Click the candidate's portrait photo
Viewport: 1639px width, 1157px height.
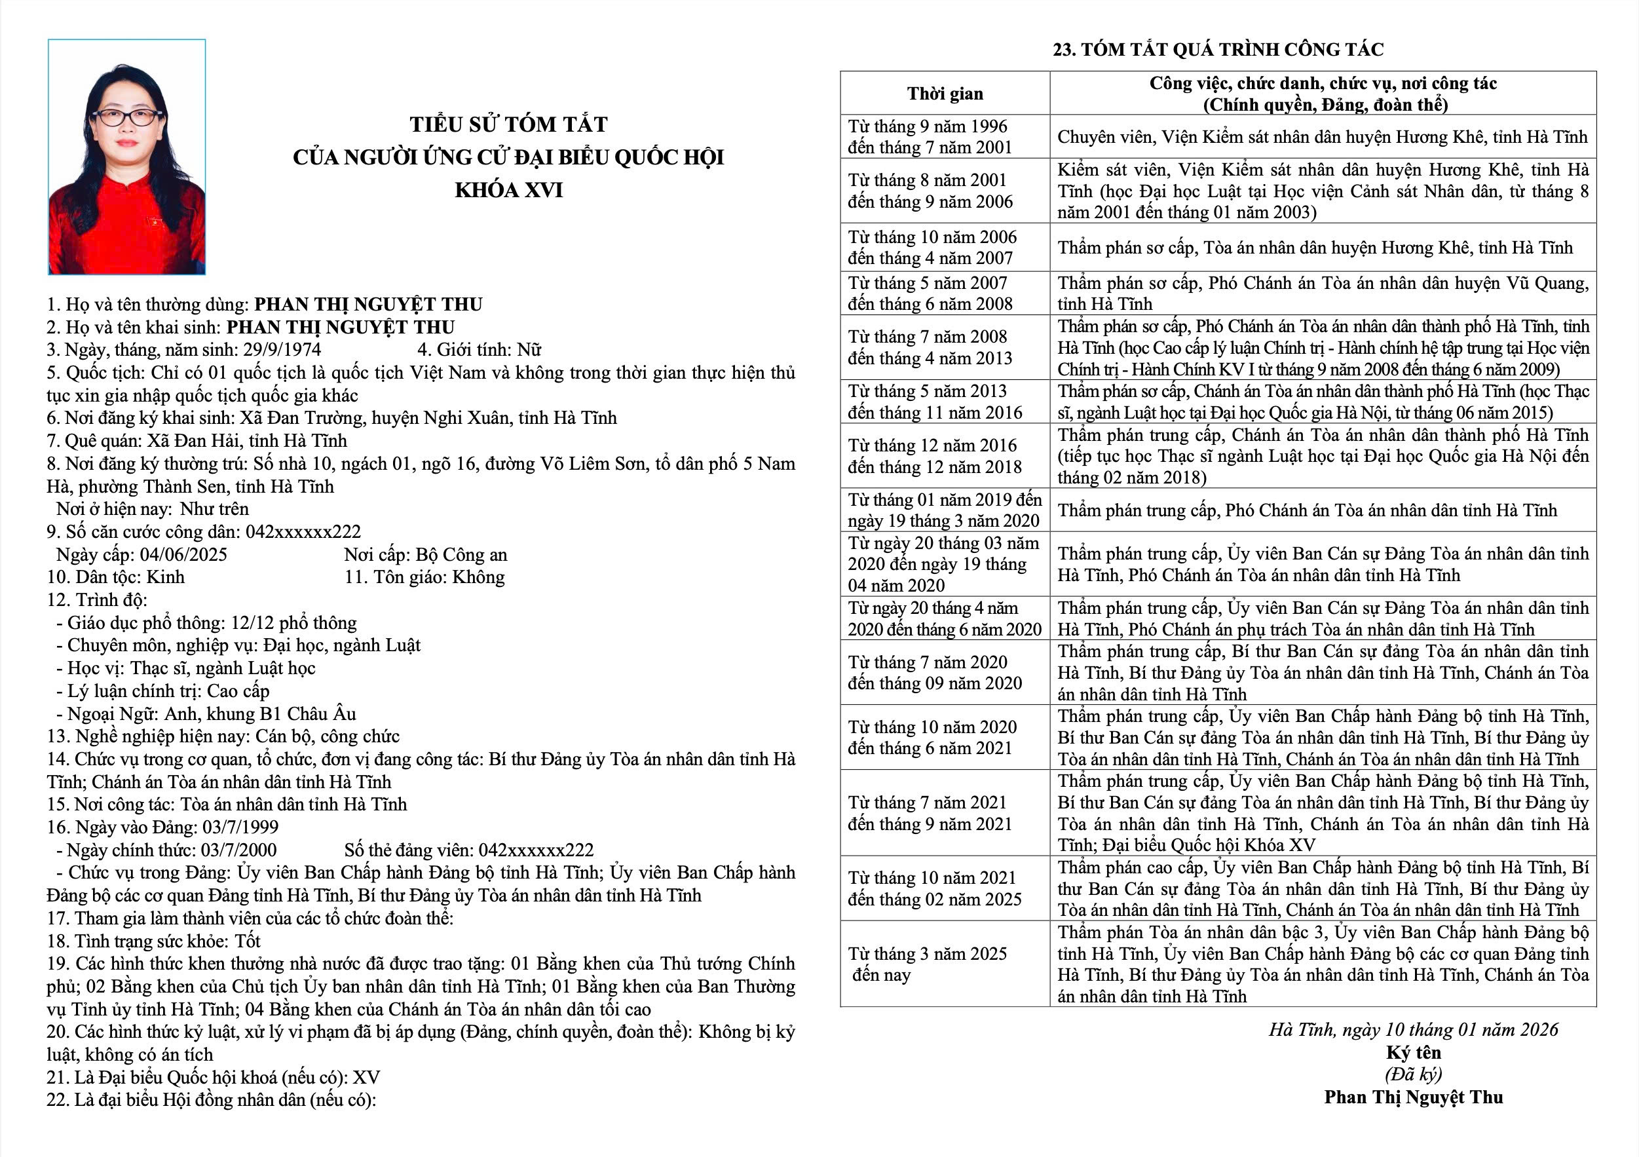click(x=127, y=157)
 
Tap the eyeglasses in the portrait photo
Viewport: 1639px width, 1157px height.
click(x=126, y=117)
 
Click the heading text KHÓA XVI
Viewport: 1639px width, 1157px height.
click(x=508, y=190)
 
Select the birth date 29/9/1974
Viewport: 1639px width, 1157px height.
click(x=282, y=350)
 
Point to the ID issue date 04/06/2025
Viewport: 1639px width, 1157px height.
click(x=183, y=555)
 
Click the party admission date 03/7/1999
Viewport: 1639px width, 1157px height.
click(x=240, y=827)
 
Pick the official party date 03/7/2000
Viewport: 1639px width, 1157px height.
click(x=238, y=850)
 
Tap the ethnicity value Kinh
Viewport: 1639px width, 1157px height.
click(x=166, y=577)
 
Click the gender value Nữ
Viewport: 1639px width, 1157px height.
click(x=529, y=350)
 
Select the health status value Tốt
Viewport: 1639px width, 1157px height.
click(x=248, y=941)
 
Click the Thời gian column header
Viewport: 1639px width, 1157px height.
click(x=945, y=94)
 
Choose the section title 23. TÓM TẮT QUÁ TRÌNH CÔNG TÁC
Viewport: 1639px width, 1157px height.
click(x=1218, y=49)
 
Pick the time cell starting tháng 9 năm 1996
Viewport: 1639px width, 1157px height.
click(x=930, y=136)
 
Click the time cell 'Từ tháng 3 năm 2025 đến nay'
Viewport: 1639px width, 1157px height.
click(x=928, y=964)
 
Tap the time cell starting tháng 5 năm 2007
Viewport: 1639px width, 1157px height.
click(x=930, y=294)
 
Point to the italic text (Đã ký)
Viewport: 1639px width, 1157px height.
click(x=1414, y=1074)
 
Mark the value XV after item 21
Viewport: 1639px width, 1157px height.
click(x=366, y=1077)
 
